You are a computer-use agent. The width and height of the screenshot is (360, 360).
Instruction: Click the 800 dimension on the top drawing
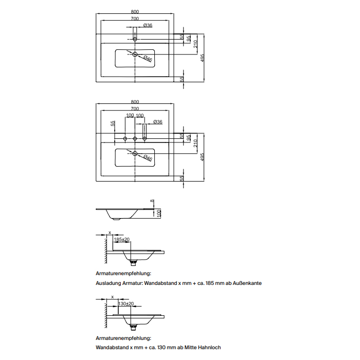click(135, 12)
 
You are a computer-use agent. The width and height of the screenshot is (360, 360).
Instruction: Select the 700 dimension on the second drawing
click(135, 109)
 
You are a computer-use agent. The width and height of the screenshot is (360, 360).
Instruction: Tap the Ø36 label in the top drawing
click(148, 25)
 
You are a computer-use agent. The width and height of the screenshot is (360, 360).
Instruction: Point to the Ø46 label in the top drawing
click(148, 59)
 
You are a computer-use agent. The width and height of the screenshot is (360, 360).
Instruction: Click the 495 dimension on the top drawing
click(202, 58)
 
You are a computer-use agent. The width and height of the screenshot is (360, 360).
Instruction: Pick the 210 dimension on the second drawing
click(195, 143)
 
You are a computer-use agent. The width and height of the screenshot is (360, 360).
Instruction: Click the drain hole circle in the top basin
click(135, 54)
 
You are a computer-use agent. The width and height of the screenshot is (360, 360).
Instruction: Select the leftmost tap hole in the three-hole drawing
click(125, 138)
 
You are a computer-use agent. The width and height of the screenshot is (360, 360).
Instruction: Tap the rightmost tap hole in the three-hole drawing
click(145, 138)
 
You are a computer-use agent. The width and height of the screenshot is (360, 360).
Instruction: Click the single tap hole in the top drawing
click(135, 39)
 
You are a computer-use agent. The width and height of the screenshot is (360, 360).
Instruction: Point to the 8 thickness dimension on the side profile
click(152, 201)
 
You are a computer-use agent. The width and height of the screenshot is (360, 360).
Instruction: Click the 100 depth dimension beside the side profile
click(159, 213)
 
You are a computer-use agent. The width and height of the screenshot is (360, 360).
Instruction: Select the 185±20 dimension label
click(122, 240)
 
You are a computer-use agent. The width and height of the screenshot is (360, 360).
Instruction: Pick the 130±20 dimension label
click(126, 304)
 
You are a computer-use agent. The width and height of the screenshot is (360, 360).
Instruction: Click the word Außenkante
click(247, 283)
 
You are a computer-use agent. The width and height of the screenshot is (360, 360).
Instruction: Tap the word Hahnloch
click(209, 347)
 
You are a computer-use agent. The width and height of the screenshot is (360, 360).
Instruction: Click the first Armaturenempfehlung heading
click(123, 274)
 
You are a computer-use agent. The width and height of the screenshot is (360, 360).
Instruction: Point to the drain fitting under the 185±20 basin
click(133, 263)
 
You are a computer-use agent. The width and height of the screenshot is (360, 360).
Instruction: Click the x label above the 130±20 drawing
click(113, 297)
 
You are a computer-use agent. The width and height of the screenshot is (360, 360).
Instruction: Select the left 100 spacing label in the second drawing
click(130, 115)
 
